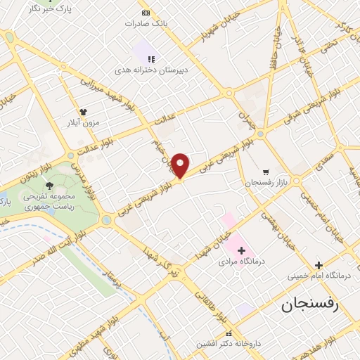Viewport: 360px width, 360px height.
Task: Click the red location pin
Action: tap(181, 165)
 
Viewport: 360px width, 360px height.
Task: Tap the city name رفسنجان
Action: tap(309, 304)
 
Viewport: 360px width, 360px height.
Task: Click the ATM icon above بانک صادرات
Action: tap(146, 13)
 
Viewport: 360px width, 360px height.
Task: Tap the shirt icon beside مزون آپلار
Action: tap(83, 111)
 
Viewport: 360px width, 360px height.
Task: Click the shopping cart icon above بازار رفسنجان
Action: tap(266, 172)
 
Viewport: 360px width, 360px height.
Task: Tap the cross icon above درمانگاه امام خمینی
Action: tap(319, 265)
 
